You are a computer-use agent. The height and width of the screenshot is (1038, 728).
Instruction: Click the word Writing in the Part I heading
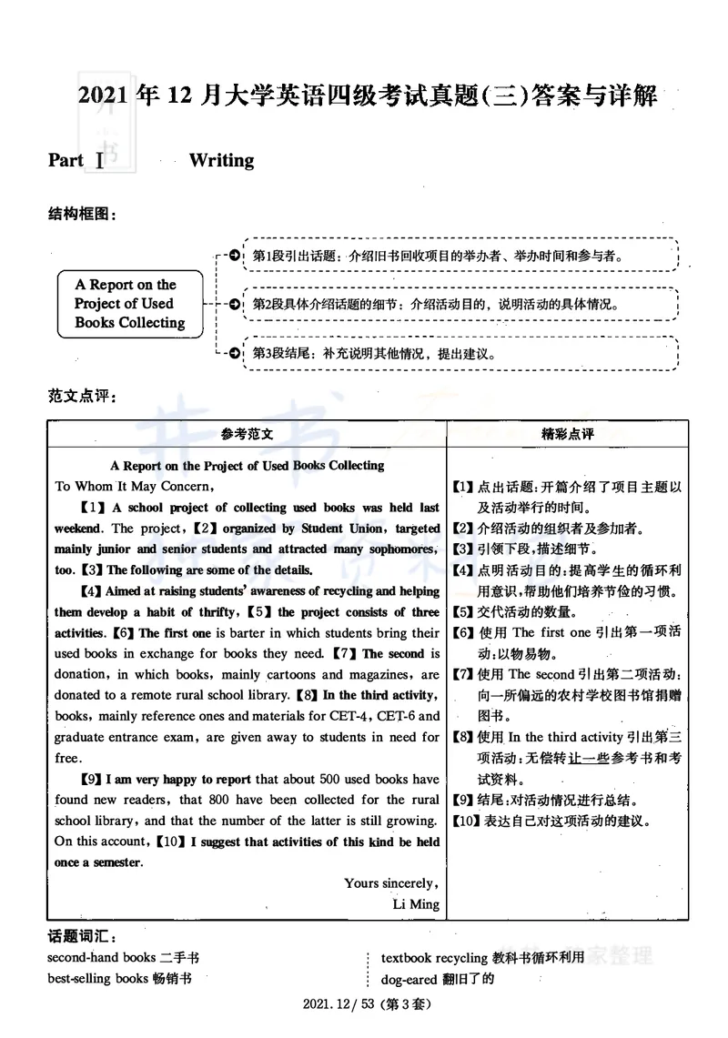(x=221, y=161)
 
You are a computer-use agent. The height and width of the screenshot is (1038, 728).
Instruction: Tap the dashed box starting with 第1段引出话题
(x=460, y=256)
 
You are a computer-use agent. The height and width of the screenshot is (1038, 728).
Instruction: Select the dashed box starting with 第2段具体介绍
(x=460, y=304)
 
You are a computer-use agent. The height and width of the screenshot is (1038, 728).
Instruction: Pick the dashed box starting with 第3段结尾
(x=460, y=353)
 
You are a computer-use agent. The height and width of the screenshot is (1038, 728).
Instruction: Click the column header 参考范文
(x=247, y=435)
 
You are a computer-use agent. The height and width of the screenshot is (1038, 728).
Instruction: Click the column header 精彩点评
(x=567, y=435)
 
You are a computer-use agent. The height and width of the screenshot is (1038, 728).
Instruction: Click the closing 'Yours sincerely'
(x=391, y=882)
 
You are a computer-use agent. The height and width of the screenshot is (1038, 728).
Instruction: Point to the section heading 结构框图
(x=82, y=214)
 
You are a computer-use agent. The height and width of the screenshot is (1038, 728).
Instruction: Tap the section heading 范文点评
(x=82, y=398)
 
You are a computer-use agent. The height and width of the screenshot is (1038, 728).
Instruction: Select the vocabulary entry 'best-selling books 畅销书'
(x=119, y=979)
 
